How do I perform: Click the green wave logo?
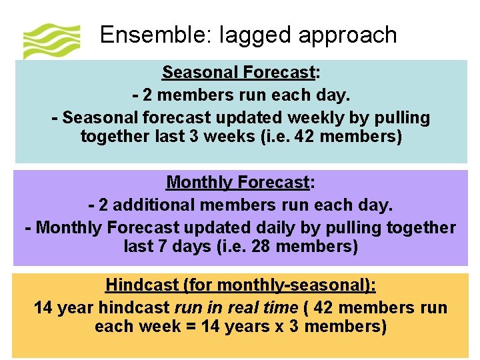tap(51, 41)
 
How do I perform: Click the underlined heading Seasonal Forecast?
tap(238, 72)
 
